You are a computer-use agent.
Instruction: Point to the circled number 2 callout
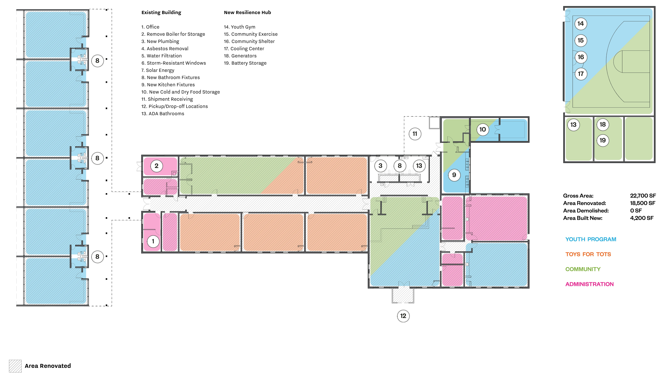156,166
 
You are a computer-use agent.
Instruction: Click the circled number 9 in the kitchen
454,175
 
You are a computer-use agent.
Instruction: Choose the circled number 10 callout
482,129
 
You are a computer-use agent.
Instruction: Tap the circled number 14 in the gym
581,24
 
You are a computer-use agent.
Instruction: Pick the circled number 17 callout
581,74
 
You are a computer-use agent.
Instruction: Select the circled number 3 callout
380,166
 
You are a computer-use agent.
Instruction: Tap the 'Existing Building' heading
161,12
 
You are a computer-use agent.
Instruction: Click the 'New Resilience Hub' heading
247,12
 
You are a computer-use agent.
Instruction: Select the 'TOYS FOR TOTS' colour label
588,254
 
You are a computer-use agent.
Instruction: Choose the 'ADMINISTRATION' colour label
589,284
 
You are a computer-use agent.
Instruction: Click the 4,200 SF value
642,218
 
